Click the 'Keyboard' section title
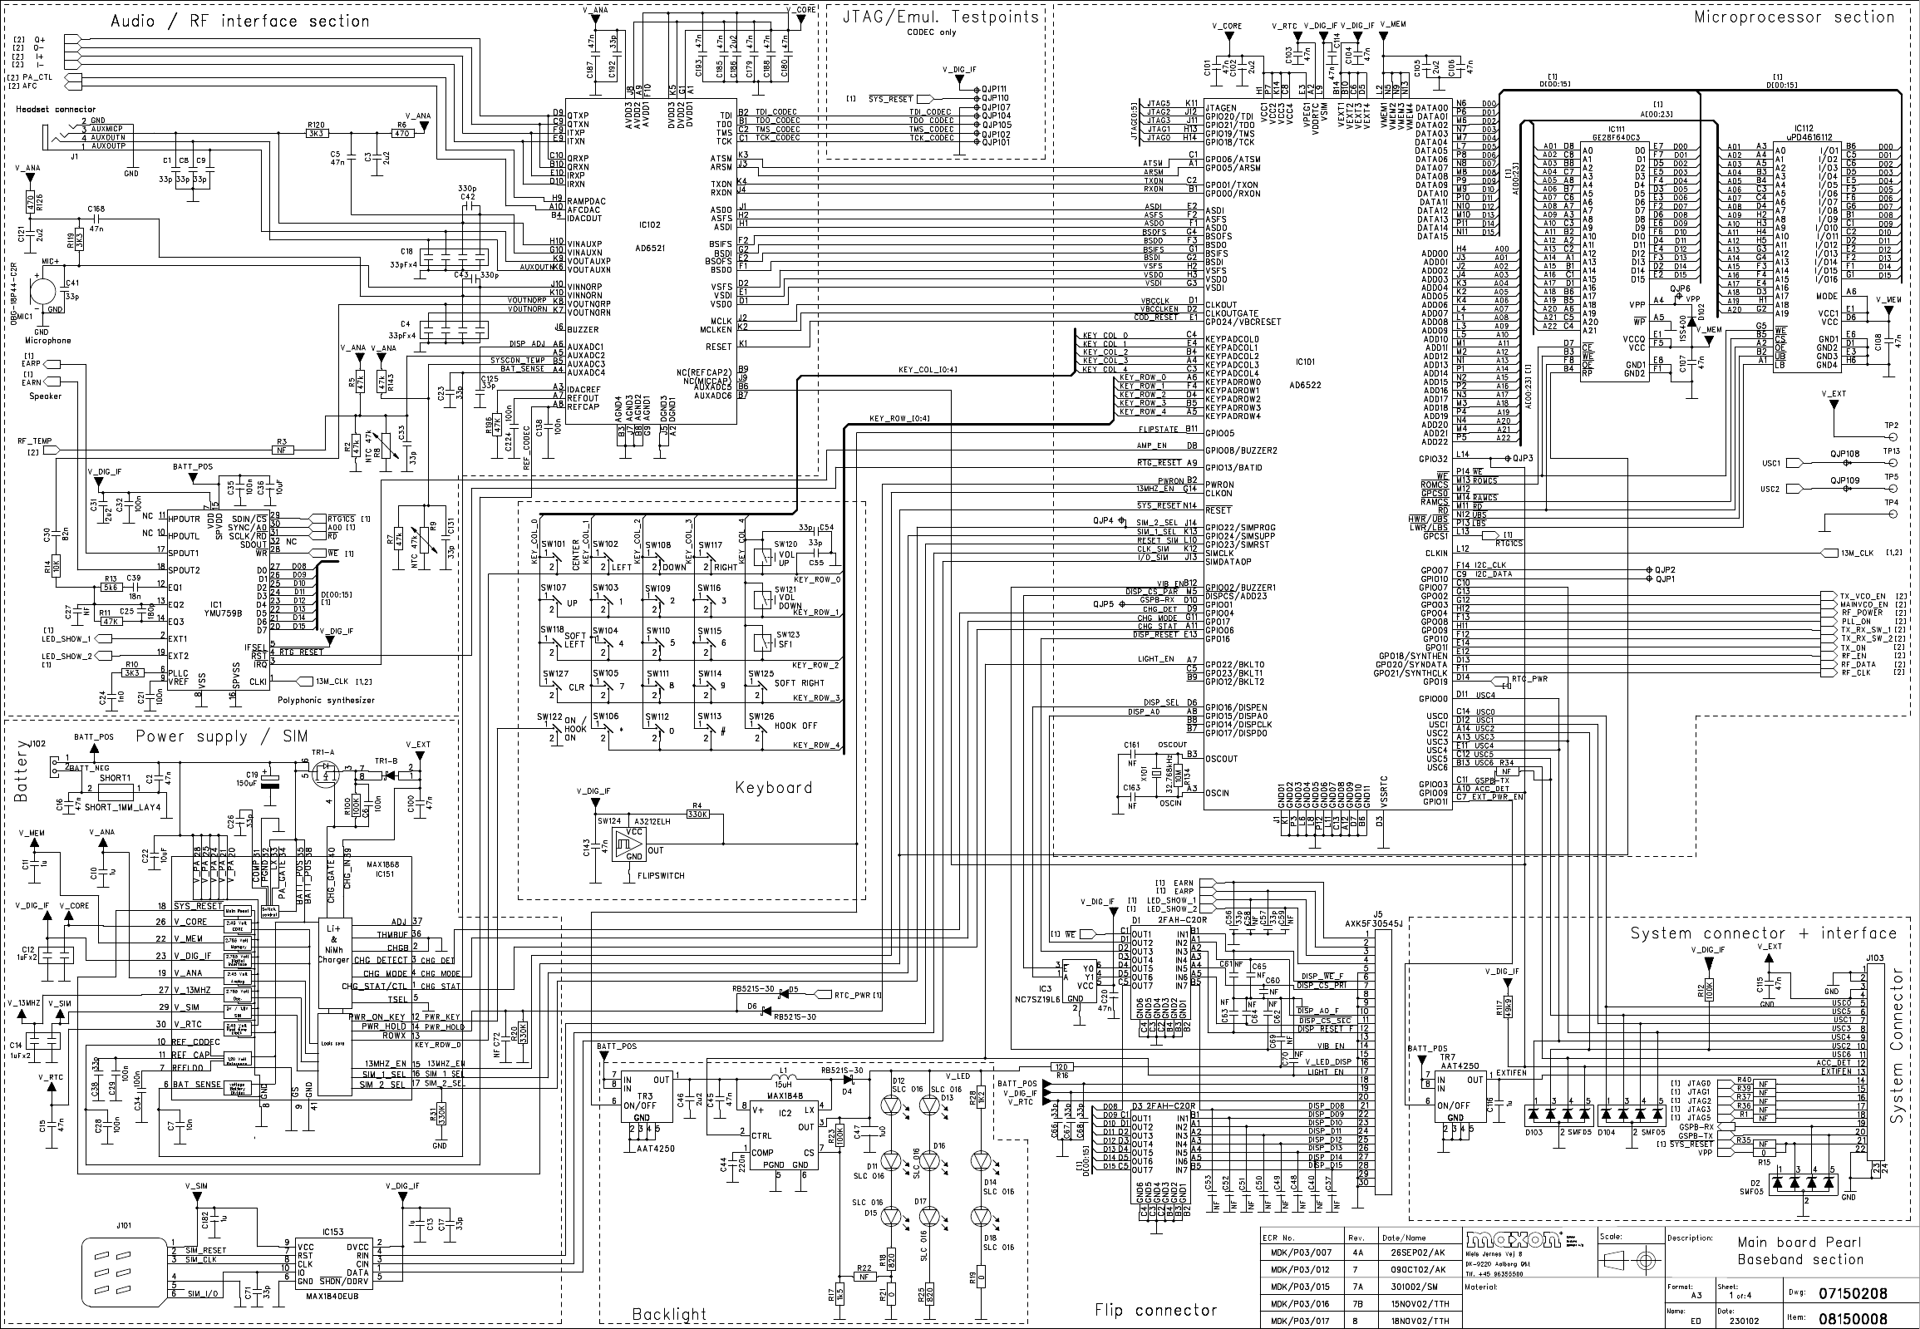773,788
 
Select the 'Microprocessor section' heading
1794,17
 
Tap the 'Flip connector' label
1155,1310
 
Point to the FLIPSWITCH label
660,876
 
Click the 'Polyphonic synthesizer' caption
326,701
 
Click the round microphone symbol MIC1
43,291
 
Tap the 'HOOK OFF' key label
796,726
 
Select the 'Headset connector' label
55,109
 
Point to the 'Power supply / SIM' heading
221,736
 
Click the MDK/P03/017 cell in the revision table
1302,1321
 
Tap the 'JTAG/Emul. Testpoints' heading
940,17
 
